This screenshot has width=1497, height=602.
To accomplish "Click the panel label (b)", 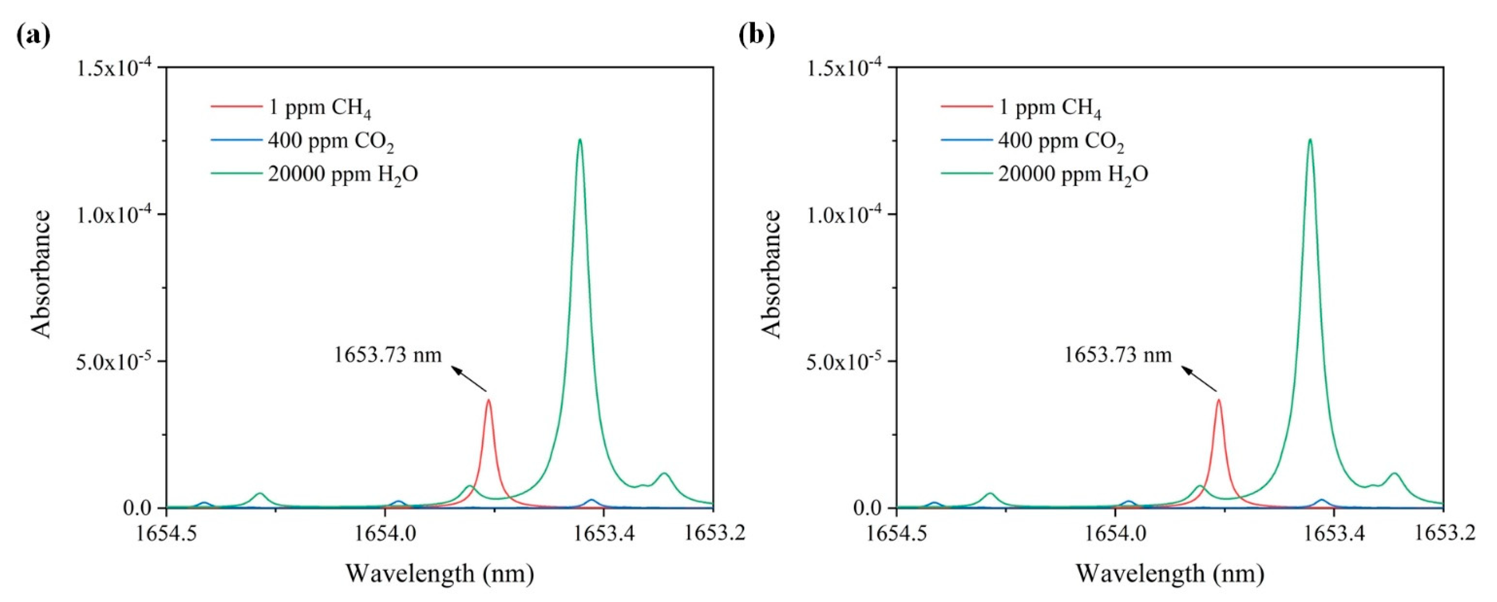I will pos(757,36).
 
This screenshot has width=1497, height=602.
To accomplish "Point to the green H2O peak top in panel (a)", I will pos(579,140).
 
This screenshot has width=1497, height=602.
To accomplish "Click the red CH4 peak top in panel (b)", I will pos(1219,400).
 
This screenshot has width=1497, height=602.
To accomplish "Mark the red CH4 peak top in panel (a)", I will pos(489,400).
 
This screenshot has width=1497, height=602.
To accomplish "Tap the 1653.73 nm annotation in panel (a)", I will pos(387,355).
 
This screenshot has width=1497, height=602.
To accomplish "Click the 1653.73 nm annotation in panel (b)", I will pos(1117,355).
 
